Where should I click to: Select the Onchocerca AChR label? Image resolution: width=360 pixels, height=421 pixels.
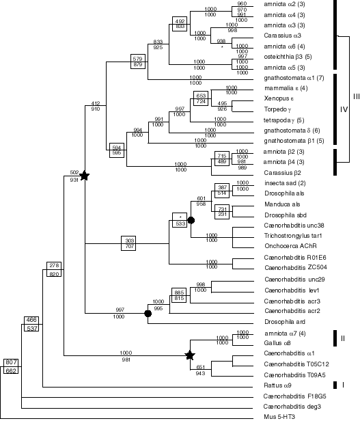click(x=289, y=246)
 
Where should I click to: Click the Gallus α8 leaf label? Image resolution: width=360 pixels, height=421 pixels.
click(x=278, y=343)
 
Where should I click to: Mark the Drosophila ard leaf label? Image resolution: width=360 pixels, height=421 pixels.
click(x=282, y=322)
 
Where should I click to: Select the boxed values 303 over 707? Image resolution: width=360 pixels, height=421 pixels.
click(x=129, y=243)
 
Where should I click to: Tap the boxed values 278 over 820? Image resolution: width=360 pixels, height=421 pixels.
click(x=54, y=269)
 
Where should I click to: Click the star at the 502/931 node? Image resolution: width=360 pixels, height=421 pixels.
click(x=84, y=176)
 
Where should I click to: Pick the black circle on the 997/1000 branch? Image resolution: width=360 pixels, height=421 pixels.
click(x=148, y=314)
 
